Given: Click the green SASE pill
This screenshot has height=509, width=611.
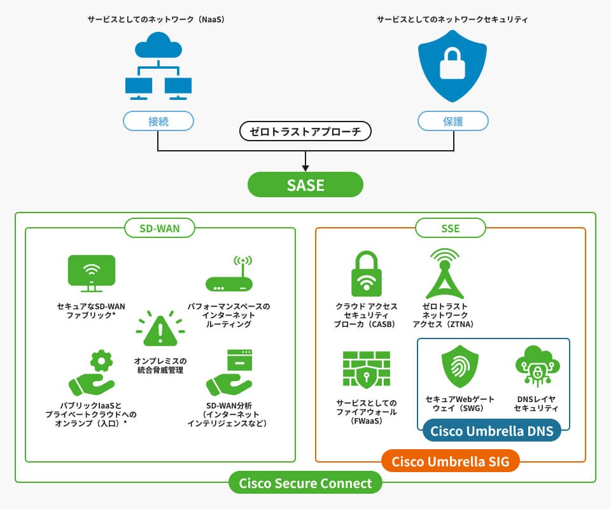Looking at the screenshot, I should point(305,185).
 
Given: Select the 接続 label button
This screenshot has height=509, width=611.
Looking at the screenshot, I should point(158,121).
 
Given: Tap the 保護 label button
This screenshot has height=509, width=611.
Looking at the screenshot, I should point(453,121).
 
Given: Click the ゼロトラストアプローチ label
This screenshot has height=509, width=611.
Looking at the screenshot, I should point(305,132).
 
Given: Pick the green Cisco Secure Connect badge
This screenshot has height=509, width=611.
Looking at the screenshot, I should point(305,483).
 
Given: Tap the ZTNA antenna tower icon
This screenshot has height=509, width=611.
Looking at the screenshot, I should point(443,274).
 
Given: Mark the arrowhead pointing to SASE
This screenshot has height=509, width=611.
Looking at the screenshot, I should point(305,168).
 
